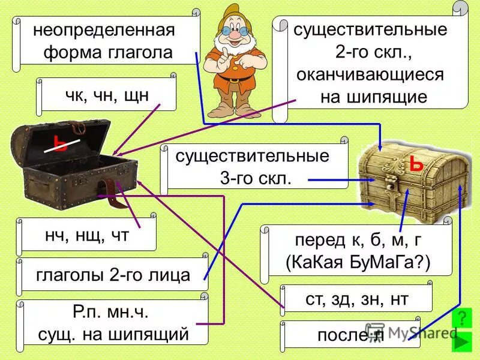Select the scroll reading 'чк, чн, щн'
107,94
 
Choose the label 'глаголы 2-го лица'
113,275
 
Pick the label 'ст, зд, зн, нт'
357,299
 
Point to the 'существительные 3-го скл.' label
252,167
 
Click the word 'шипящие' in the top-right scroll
373,97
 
